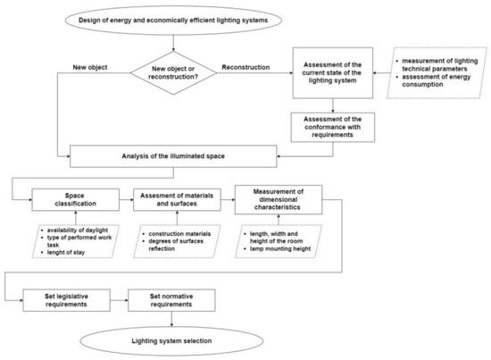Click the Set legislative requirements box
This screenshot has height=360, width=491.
(72, 299)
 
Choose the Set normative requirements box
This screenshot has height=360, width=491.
(174, 299)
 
